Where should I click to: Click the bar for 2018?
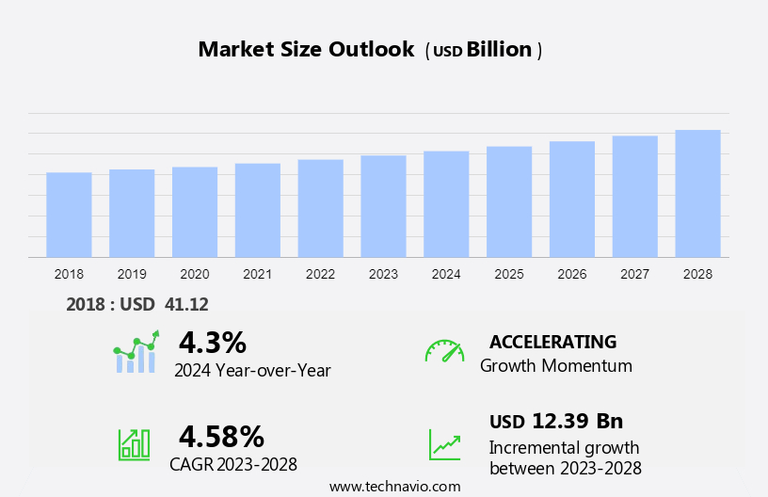69,215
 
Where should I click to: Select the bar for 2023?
383,206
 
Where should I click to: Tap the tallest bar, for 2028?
697,193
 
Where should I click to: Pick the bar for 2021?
258,210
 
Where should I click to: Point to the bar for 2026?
572,199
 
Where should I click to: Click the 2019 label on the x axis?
132,274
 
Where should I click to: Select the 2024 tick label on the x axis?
446,274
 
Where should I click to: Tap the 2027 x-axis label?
634,274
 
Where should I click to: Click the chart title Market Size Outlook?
306,50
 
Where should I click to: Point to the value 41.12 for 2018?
186,304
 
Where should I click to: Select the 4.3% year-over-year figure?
213,342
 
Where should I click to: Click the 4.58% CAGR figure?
221,436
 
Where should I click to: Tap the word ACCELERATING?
553,342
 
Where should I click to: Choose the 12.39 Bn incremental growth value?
576,421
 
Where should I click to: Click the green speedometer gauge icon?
444,351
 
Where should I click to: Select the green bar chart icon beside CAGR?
134,444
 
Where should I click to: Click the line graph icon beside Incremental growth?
444,444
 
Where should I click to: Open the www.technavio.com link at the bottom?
394,486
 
